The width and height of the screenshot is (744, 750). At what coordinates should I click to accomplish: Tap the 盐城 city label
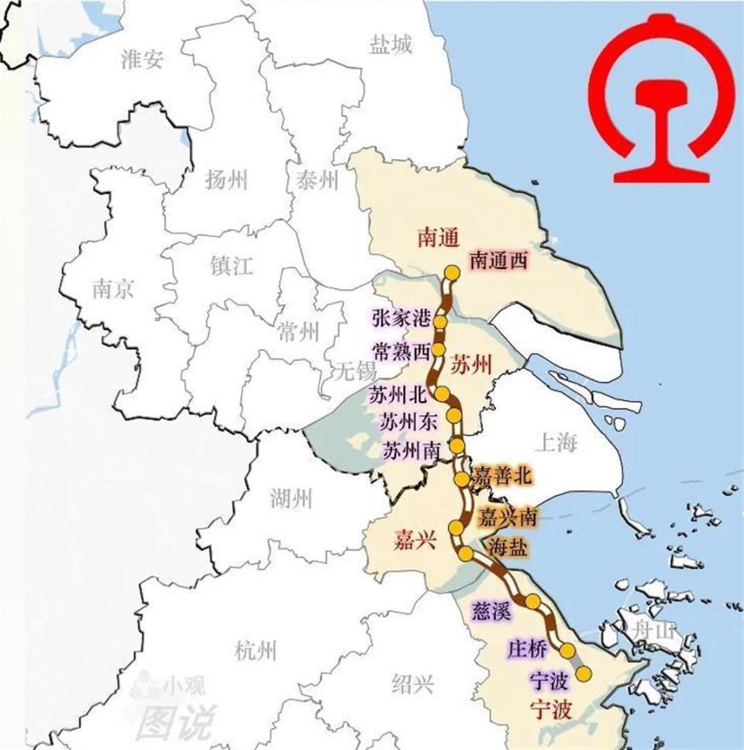(391, 46)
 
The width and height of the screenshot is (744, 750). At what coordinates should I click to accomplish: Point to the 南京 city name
(112, 290)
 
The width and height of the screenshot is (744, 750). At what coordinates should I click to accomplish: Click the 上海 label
(556, 443)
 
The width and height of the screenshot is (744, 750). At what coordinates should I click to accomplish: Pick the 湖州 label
(291, 498)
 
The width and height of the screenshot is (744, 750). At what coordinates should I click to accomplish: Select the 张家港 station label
(400, 318)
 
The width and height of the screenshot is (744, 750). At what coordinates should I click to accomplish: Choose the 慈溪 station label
(491, 611)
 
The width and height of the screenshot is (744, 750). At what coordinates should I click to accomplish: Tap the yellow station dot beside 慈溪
(533, 601)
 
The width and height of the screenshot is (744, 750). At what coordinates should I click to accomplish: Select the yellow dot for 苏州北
(441, 394)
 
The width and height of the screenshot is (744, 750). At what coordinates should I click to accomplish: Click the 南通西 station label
(498, 261)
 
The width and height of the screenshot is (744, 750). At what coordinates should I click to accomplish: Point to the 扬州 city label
(226, 181)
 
